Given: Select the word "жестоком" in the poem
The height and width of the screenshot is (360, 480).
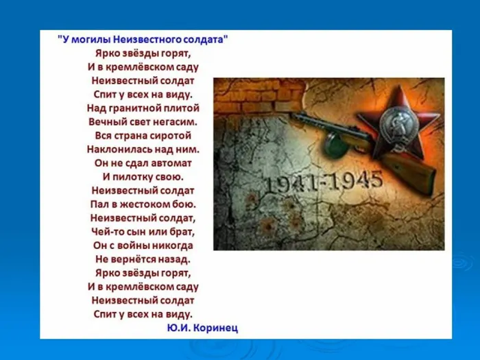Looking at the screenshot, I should point(146,204).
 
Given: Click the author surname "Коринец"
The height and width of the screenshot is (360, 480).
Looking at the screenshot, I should point(215,328).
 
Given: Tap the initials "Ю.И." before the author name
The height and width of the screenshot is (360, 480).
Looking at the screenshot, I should point(178,328).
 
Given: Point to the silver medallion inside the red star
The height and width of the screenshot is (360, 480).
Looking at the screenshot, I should point(386,121).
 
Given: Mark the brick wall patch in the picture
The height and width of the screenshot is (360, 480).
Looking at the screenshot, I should point(248,96).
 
